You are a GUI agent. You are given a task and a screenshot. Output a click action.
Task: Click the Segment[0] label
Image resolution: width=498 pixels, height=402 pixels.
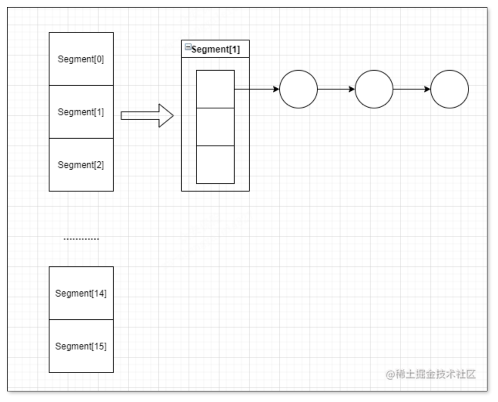[x=81, y=59]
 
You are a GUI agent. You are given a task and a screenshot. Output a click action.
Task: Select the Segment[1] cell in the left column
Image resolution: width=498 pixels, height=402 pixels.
[x=81, y=112]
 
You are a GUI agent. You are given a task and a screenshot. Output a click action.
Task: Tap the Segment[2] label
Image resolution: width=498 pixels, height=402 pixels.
[x=81, y=165]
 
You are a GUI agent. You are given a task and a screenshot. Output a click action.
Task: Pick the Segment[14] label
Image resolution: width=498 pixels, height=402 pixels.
[x=81, y=293]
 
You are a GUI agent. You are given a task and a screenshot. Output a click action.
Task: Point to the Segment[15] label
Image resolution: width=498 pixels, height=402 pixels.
[x=81, y=346]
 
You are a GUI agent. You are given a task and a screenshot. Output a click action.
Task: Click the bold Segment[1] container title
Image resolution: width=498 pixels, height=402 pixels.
[x=216, y=49]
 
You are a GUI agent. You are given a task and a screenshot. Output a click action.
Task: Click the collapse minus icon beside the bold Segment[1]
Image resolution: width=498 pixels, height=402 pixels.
[x=188, y=47]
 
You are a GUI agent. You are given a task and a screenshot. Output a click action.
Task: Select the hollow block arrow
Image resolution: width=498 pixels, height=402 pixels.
[x=147, y=116]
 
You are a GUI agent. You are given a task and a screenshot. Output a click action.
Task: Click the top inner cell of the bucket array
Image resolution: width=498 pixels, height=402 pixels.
[x=215, y=89]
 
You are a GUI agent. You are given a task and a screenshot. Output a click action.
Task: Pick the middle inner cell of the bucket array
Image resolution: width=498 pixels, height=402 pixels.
[x=215, y=127]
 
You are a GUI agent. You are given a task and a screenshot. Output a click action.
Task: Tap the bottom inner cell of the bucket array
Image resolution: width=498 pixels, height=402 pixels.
[x=215, y=165]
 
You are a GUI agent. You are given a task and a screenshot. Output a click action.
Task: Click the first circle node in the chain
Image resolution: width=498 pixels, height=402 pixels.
[x=298, y=89]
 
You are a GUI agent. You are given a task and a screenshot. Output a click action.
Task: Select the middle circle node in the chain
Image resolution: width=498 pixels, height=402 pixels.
[x=374, y=89]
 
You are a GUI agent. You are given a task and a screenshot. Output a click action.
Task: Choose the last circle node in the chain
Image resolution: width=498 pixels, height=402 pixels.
[x=450, y=89]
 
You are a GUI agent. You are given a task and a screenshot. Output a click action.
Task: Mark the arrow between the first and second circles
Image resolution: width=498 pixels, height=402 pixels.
[x=336, y=89]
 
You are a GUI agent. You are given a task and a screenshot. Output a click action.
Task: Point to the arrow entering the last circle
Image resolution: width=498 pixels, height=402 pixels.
[x=411, y=89]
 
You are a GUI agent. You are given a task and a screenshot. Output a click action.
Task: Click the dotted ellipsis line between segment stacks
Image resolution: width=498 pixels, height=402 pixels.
[x=81, y=239]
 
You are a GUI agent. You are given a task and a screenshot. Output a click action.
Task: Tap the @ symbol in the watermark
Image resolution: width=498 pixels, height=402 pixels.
[x=390, y=374]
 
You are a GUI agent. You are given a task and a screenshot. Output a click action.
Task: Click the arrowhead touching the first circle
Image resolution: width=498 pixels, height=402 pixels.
[x=276, y=89]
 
